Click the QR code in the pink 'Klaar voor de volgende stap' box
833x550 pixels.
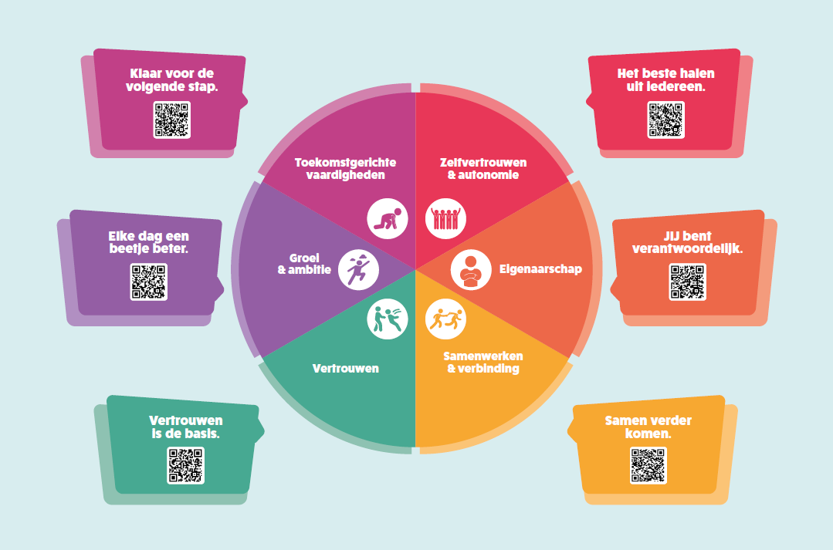[171, 120]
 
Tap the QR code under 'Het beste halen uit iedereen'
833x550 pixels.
[665, 120]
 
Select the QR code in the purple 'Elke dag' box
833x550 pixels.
[149, 282]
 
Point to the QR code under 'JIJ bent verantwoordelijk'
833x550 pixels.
[687, 282]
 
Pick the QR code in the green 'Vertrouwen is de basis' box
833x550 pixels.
[186, 466]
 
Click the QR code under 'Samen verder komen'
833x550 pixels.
[648, 466]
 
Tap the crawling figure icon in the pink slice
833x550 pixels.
[388, 219]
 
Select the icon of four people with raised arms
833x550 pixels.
[445, 219]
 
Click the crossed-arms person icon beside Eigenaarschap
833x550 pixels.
[471, 270]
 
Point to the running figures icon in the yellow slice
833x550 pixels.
[445, 319]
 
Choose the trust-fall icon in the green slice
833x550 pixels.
[388, 319]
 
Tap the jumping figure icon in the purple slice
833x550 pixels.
[358, 270]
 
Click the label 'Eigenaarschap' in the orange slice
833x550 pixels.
[541, 269]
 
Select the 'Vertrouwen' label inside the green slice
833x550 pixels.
[346, 369]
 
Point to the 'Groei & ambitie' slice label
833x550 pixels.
[304, 264]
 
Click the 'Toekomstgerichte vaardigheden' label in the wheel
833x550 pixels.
[345, 169]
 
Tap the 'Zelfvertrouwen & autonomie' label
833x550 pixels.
[483, 169]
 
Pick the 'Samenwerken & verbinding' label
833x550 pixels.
[483, 362]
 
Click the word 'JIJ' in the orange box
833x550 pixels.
[672, 236]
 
